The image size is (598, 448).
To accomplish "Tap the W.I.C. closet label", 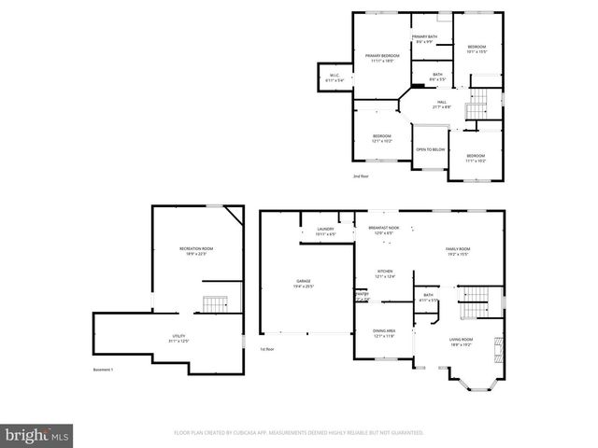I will coord(334,78).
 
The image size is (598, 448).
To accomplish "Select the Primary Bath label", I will coord(425,39).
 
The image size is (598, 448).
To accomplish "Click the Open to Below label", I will coord(430,149).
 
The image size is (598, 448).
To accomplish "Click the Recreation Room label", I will coord(196,249).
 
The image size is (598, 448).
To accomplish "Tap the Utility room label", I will coord(178,337).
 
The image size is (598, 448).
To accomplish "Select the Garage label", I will coord(305,283).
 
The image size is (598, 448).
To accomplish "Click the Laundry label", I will coord(325,231).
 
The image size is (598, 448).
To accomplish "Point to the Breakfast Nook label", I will coord(384,230).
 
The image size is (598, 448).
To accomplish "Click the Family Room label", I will coord(457,251).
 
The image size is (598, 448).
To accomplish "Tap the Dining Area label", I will coord(385,332).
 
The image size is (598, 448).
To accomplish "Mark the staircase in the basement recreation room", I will coord(216,305).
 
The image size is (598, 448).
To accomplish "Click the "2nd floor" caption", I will coord(361,175).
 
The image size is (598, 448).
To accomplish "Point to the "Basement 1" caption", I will coord(103,371).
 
